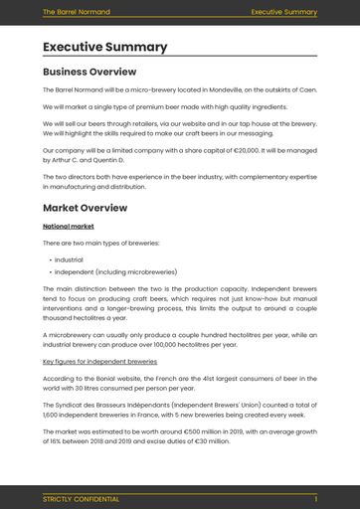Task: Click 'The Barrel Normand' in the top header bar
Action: (77, 12)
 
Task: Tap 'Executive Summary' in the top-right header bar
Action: (283, 12)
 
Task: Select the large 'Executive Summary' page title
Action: (104, 47)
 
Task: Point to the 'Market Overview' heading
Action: (85, 208)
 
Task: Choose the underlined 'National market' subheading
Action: (67, 227)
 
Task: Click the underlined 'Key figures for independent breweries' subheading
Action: (99, 362)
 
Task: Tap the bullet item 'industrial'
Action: (69, 258)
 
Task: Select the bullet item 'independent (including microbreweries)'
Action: (115, 271)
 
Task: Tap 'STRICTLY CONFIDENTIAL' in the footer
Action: (81, 498)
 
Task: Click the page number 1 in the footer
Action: (315, 498)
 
